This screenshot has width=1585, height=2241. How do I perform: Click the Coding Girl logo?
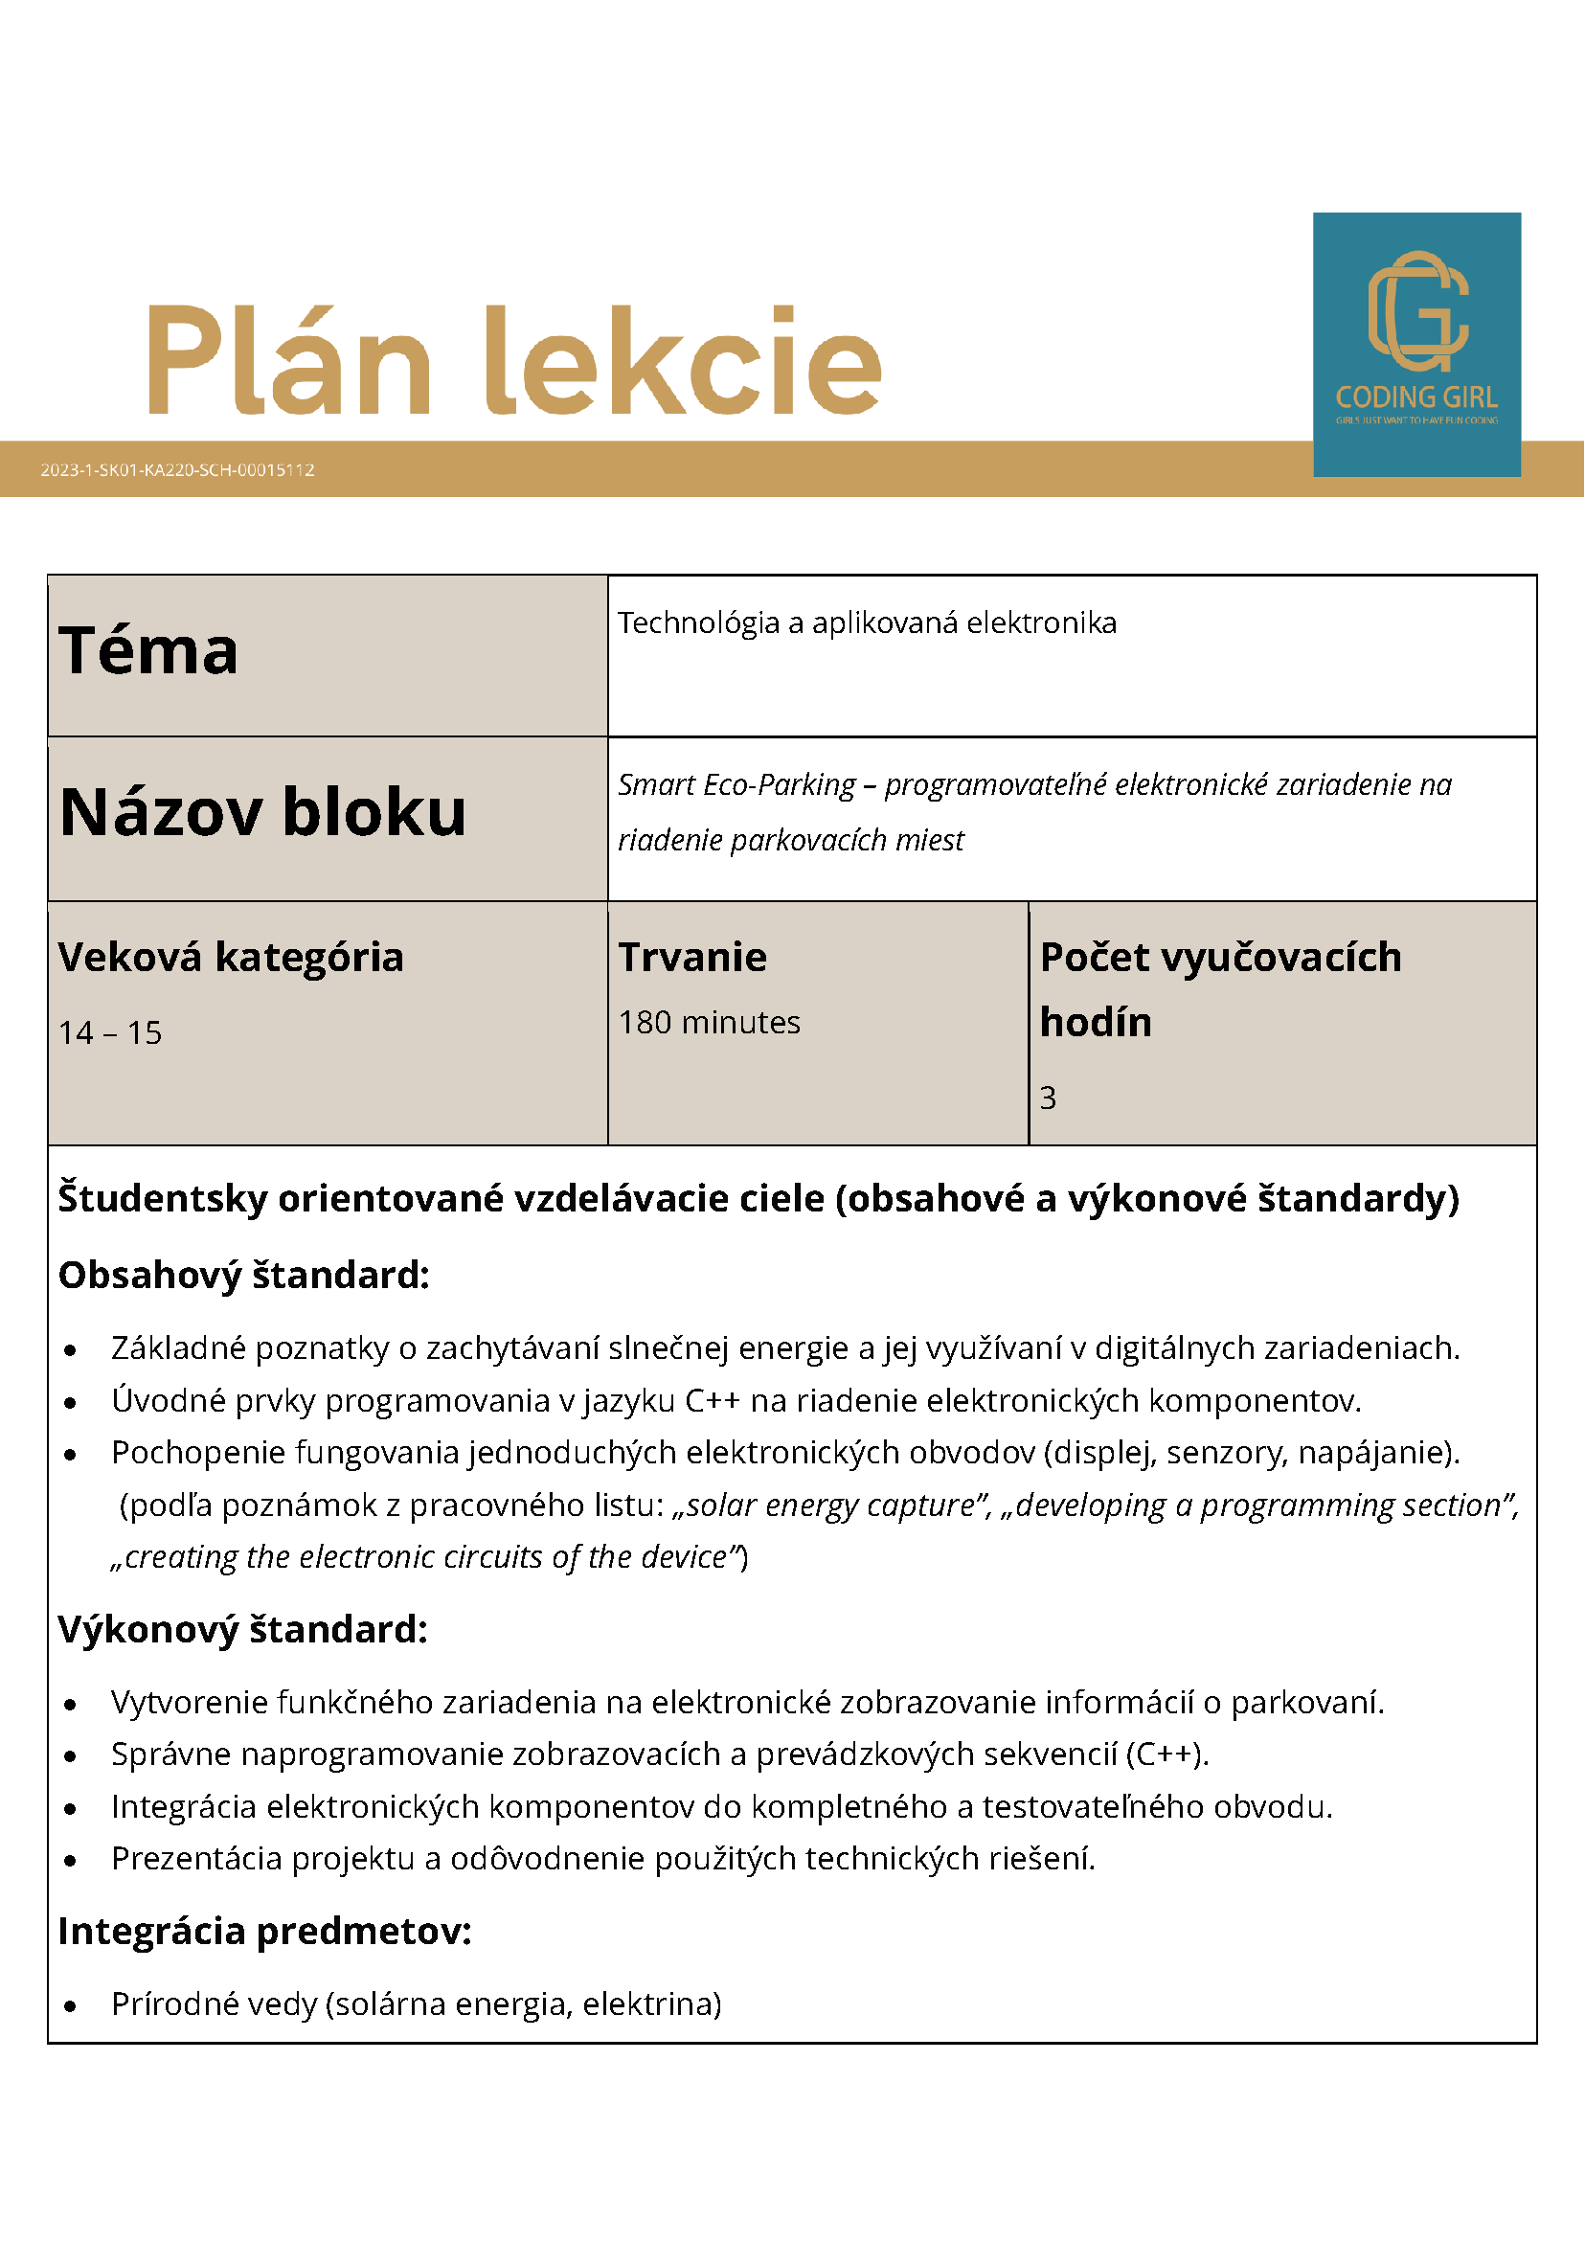click(1416, 344)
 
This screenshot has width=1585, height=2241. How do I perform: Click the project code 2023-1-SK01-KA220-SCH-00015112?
click(177, 469)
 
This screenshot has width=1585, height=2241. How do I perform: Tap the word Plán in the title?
click(289, 360)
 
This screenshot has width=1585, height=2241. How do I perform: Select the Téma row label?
click(148, 651)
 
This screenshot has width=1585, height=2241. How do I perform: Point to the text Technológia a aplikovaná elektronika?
click(867, 622)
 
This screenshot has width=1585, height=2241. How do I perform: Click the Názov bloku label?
click(262, 812)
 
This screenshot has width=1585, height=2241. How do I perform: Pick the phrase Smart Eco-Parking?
click(736, 784)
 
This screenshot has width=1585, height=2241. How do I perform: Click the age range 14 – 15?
click(110, 1032)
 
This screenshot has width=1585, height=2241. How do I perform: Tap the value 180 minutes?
click(710, 1022)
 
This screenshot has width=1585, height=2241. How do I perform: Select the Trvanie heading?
click(693, 957)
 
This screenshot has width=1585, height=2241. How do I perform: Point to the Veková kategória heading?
click(231, 957)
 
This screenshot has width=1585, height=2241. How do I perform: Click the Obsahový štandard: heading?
click(244, 1275)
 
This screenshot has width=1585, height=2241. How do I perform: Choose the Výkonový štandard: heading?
click(243, 1629)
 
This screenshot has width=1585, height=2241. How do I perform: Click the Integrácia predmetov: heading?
click(264, 1931)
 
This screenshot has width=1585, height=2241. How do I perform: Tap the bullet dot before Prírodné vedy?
click(70, 2006)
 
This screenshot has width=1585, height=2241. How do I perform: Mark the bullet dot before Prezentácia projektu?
click(70, 1861)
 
